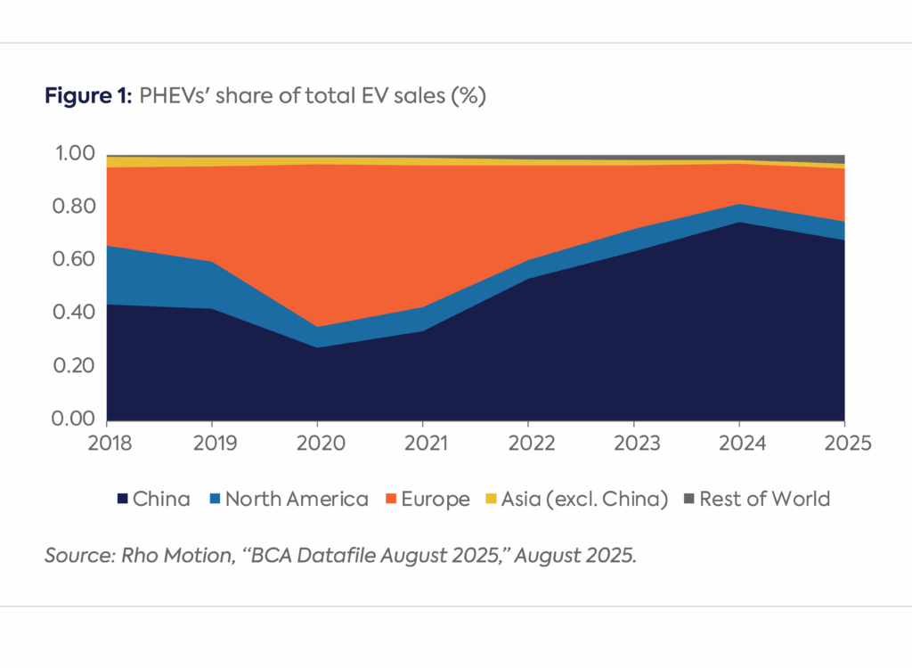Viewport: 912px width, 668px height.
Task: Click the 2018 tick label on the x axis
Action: pos(107,443)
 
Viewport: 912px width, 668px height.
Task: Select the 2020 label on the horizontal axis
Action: pos(316,443)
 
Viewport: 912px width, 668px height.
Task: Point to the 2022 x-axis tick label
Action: pos(528,443)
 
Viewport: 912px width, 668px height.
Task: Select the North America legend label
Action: pos(297,499)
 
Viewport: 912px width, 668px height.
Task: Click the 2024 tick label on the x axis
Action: pos(738,443)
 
